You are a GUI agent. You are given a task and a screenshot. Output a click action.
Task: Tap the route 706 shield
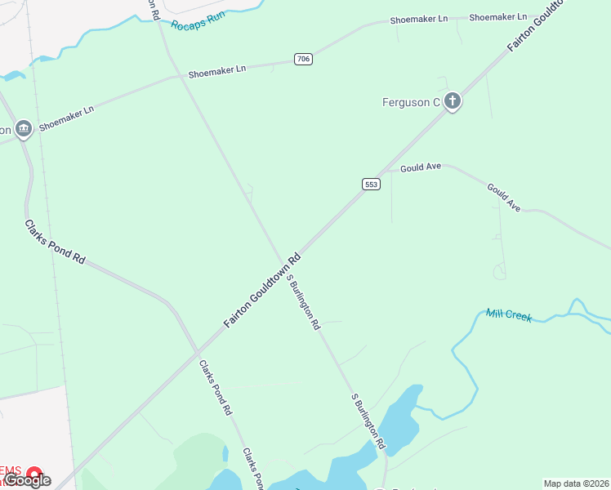tap(303, 59)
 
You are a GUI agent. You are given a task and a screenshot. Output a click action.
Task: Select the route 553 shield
tap(371, 185)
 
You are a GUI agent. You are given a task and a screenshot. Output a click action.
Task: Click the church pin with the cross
tap(453, 102)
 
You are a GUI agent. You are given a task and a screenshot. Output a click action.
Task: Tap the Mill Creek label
tap(508, 315)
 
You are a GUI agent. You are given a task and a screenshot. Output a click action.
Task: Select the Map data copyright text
tap(576, 483)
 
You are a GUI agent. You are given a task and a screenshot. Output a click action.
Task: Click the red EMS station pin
tap(34, 473)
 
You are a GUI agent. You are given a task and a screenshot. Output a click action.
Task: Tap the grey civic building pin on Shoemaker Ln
tap(23, 128)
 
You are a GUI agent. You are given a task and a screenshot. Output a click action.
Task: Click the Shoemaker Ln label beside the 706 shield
tap(216, 71)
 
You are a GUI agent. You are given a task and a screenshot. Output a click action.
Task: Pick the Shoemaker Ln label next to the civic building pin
tap(66, 119)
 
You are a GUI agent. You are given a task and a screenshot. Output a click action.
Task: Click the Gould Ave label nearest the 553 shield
tap(421, 167)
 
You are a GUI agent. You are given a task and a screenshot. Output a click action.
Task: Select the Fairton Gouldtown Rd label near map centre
tap(262, 291)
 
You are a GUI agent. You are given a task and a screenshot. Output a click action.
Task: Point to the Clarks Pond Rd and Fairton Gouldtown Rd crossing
tap(197, 354)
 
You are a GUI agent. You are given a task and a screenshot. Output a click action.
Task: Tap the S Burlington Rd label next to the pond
tap(368, 421)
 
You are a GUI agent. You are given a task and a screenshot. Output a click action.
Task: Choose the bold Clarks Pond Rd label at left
tap(55, 241)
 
